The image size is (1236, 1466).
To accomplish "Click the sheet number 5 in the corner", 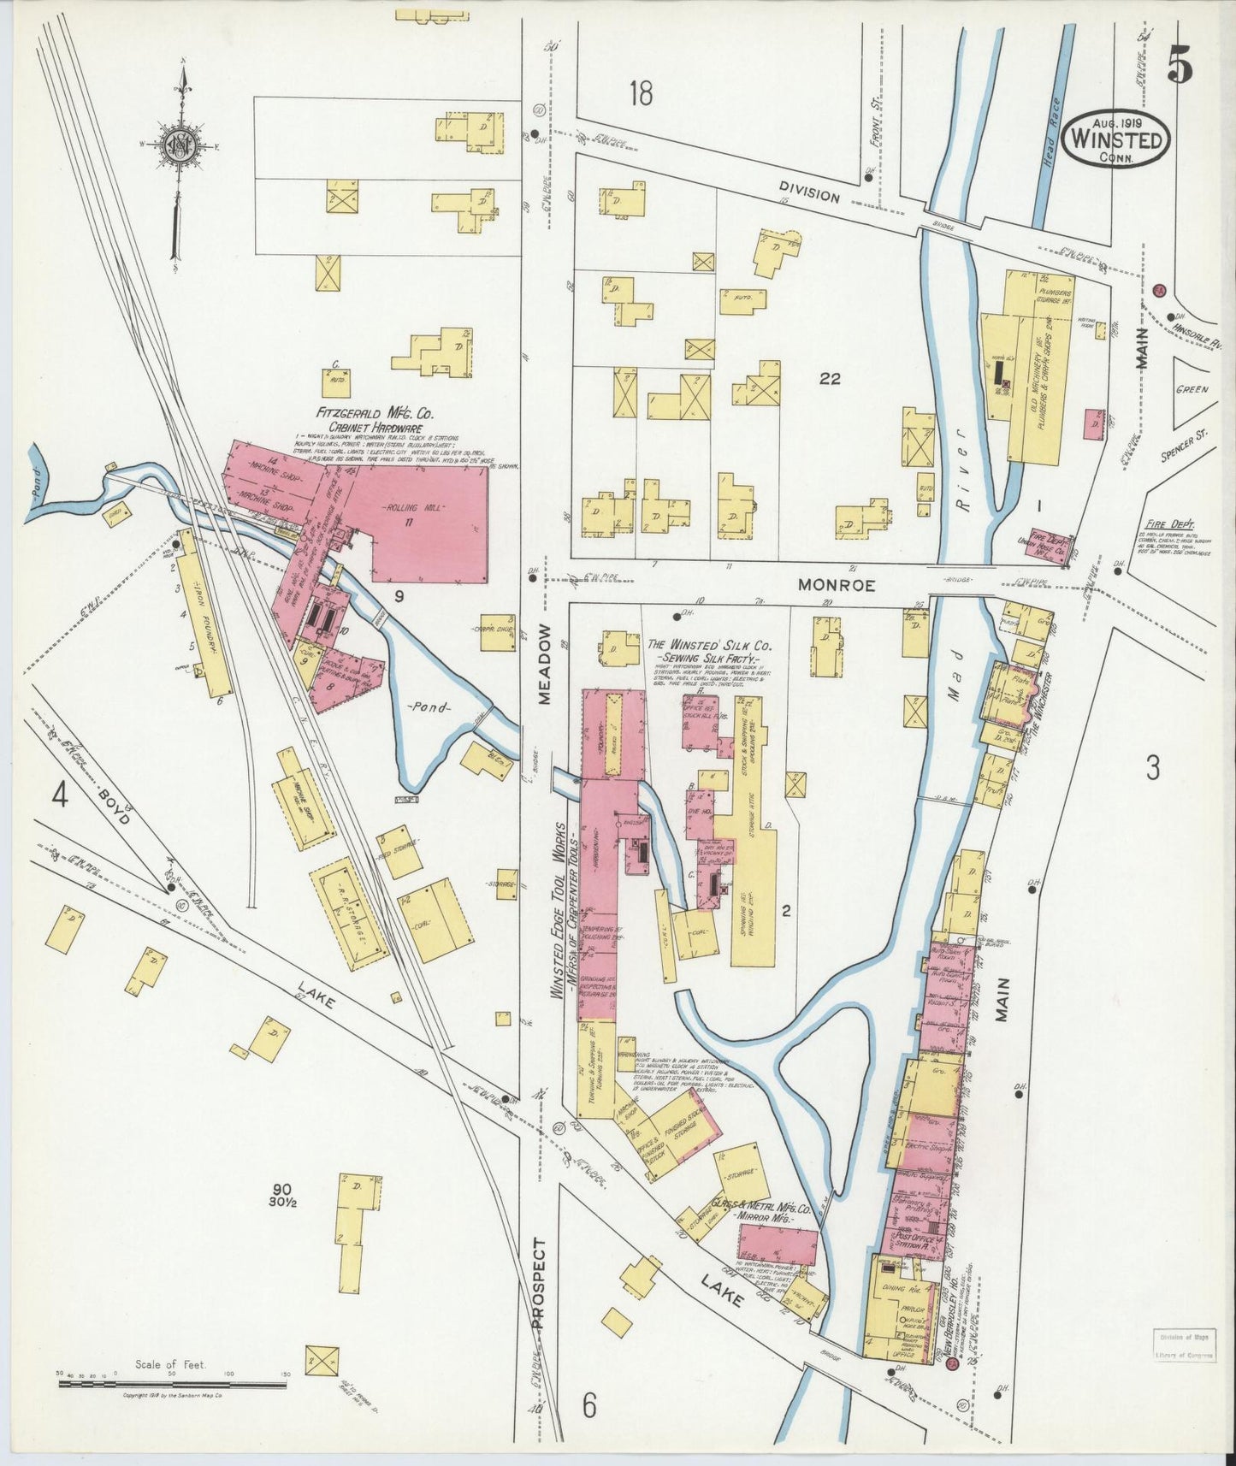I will coord(1180,66).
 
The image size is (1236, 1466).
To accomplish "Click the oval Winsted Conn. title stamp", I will coord(1117,138).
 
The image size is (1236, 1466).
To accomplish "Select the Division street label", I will coord(808,194).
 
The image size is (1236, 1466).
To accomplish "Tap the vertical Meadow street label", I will coord(546,675).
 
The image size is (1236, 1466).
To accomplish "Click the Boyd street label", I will coord(115,806).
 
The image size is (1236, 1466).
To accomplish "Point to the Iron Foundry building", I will coord(204,626).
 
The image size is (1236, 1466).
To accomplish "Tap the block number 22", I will coord(829,379).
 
